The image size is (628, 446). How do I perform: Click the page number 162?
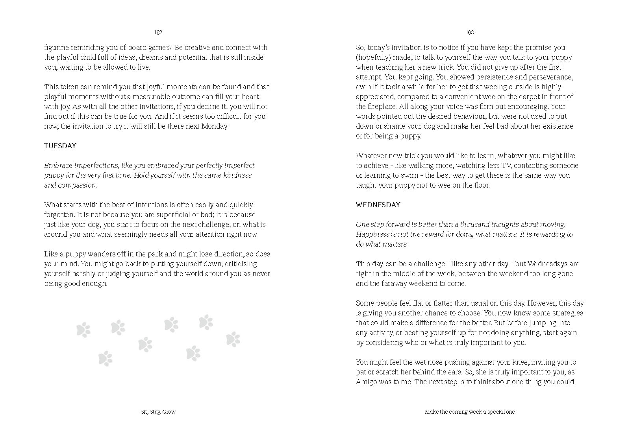point(158,32)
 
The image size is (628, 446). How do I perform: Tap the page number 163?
point(469,32)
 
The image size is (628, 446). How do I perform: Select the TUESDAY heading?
point(60,146)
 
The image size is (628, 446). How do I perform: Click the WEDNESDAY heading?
point(378,205)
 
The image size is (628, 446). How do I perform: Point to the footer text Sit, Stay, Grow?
point(158,412)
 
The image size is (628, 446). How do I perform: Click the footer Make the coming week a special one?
point(470,412)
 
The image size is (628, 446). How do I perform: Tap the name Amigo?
point(366,382)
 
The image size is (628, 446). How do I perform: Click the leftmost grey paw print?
point(83,330)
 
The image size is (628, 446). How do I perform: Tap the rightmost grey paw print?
point(233,339)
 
